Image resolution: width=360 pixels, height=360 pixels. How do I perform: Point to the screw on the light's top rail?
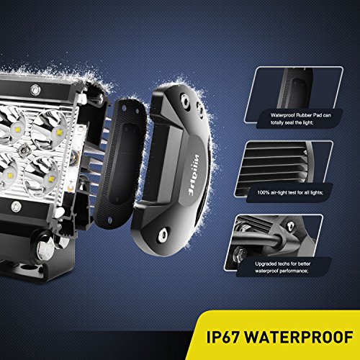tap(34, 90)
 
